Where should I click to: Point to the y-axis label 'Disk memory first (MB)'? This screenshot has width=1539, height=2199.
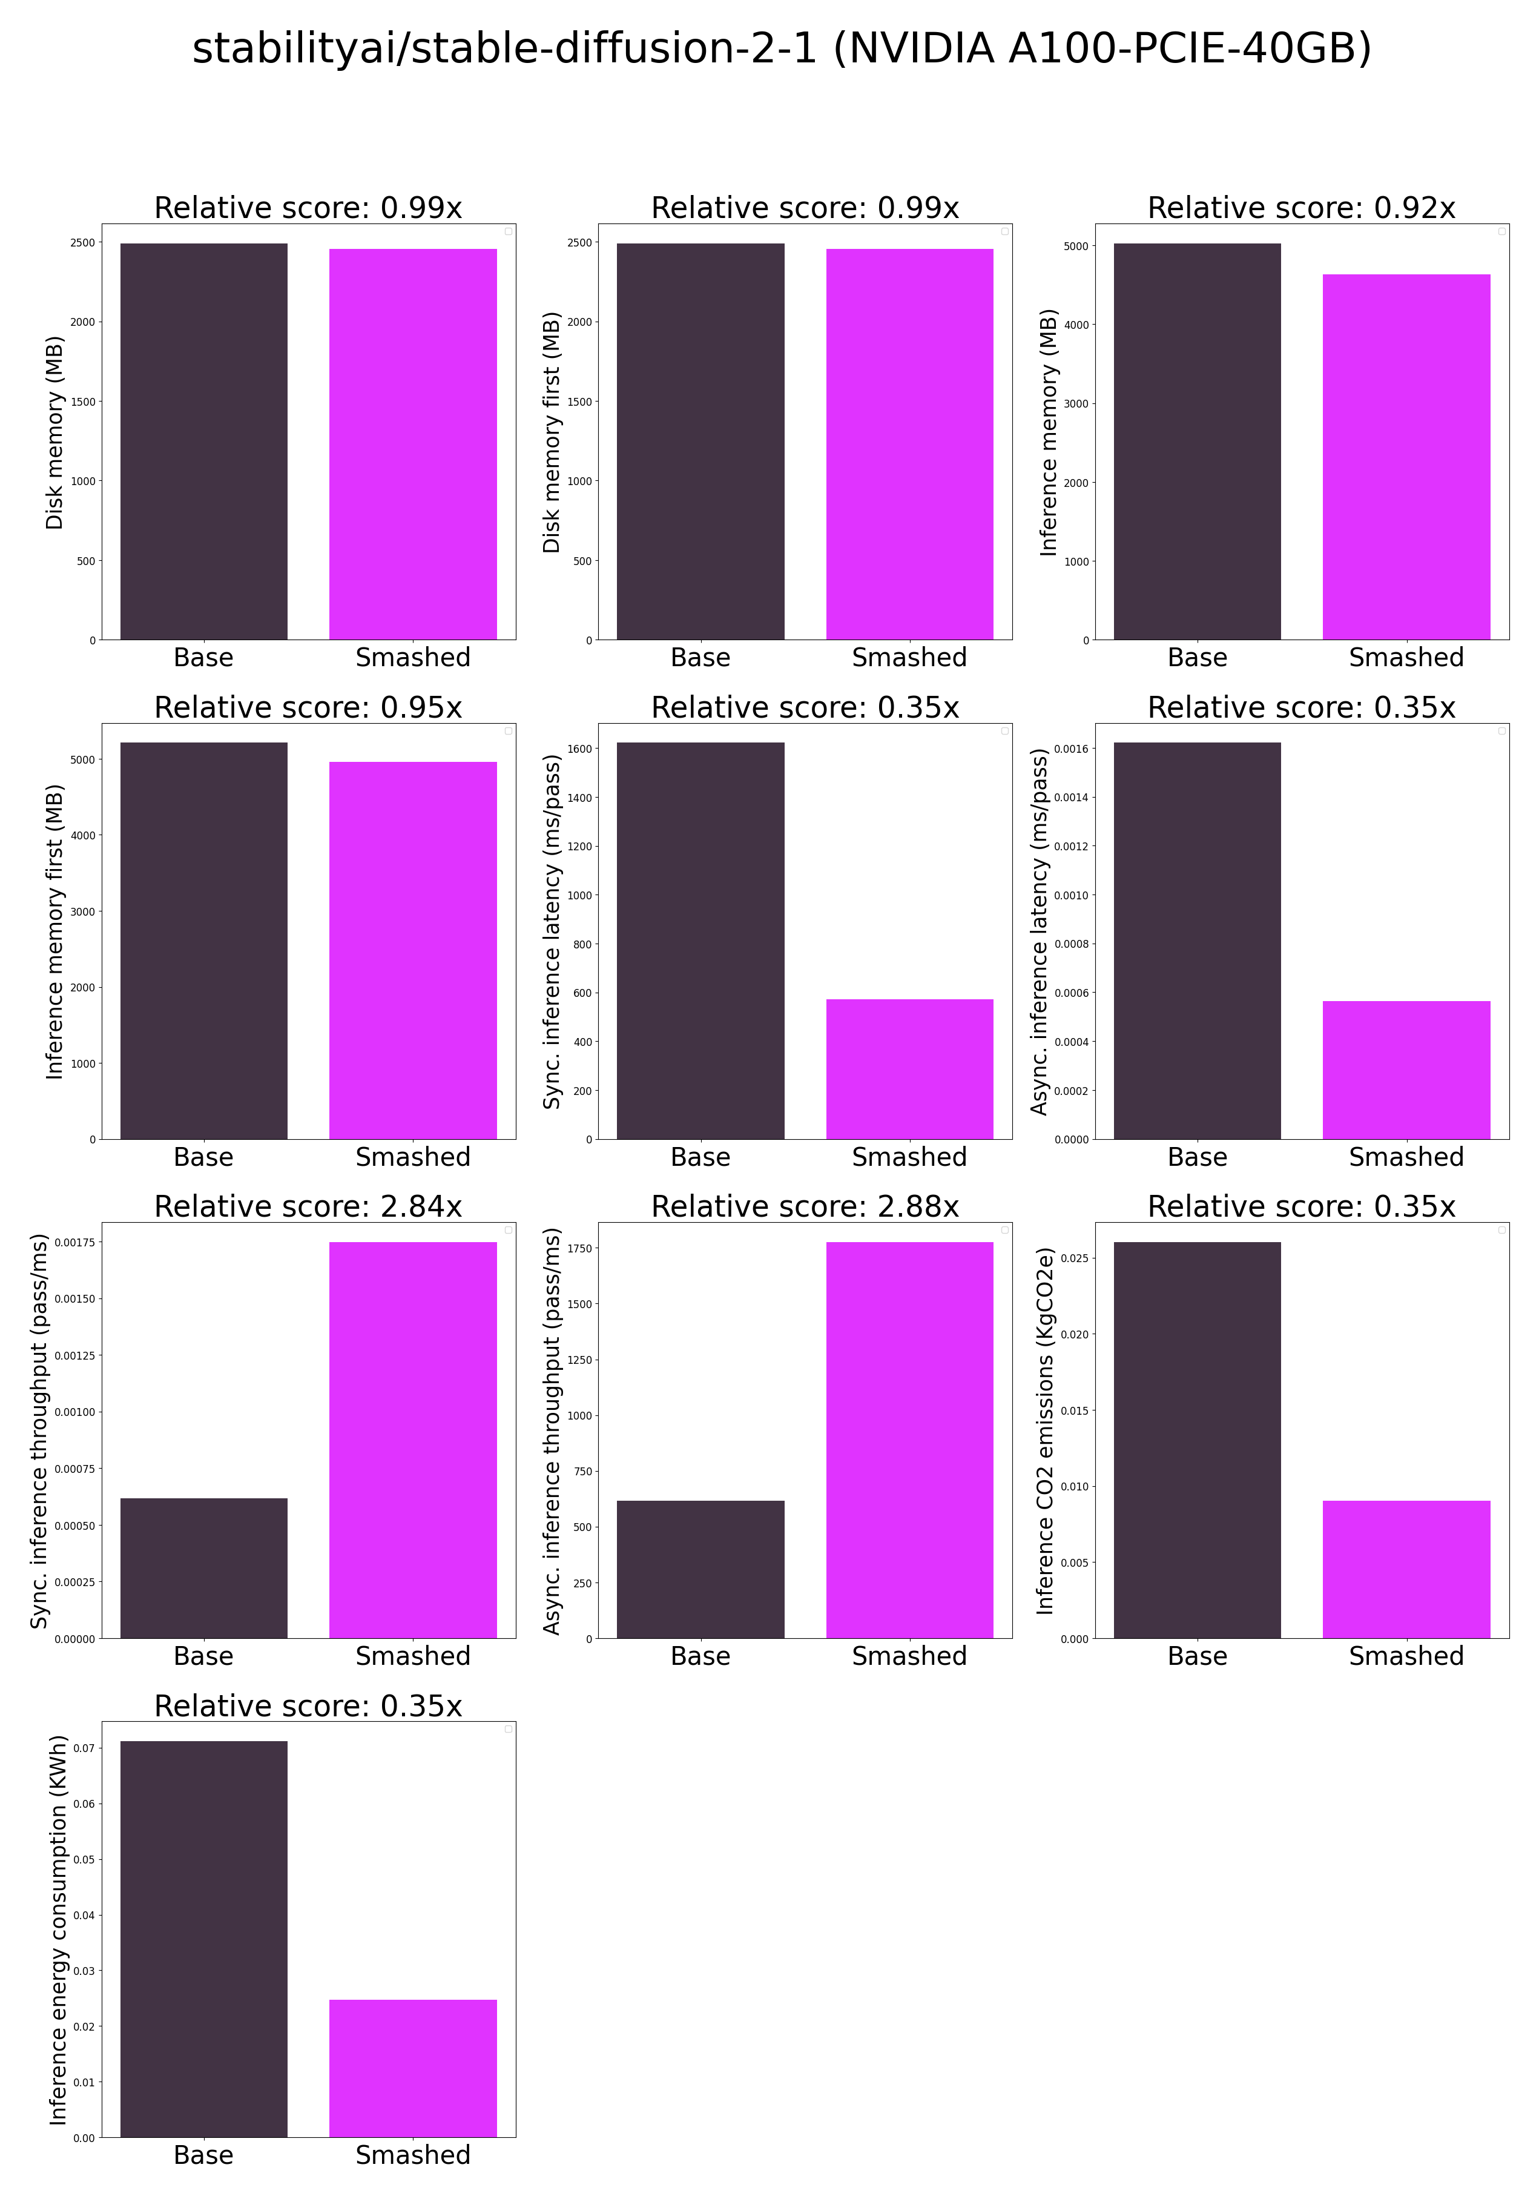click(x=551, y=432)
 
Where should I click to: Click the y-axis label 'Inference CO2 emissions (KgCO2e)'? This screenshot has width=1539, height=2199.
click(x=1045, y=1431)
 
